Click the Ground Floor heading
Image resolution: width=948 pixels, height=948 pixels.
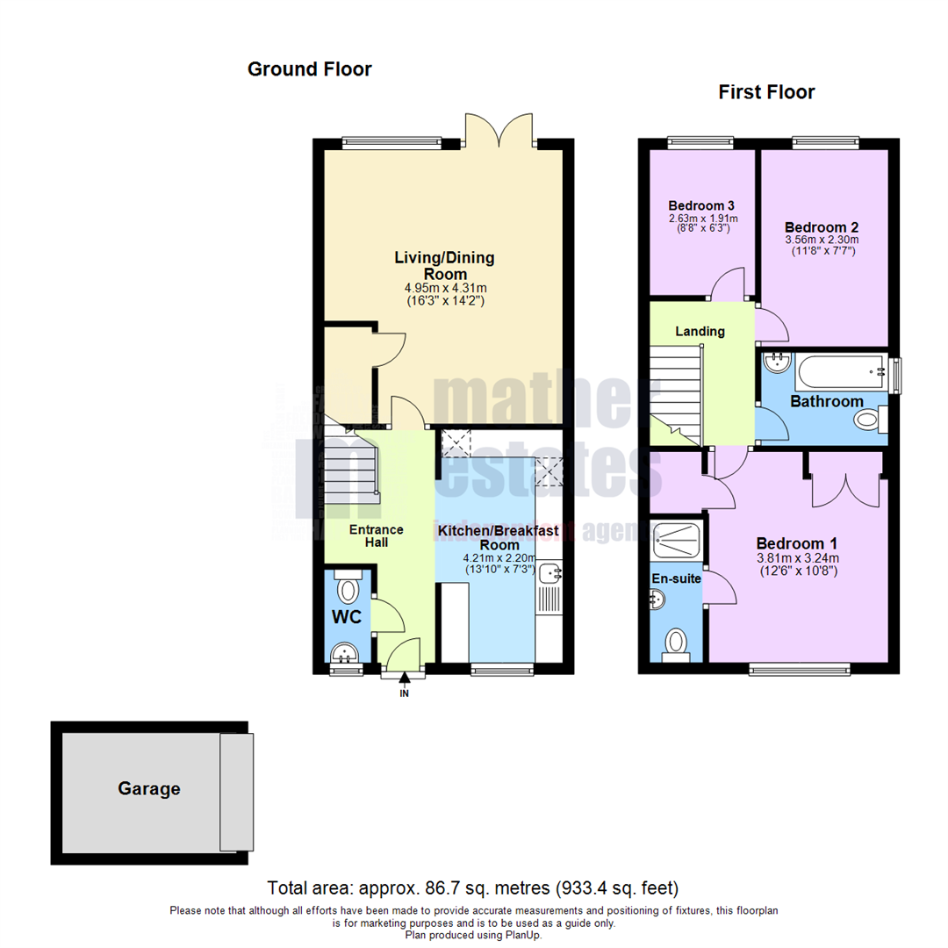pos(309,69)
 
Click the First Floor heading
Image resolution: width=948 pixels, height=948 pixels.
pos(766,92)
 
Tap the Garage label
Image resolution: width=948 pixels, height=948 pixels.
pos(149,789)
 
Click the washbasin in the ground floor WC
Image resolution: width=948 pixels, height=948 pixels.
pos(344,653)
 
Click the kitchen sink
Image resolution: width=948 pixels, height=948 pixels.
pos(550,575)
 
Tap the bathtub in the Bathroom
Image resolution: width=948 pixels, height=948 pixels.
pos(840,372)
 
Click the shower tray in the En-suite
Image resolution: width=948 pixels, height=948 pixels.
pos(678,541)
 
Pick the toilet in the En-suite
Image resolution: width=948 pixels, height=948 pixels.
pos(677,641)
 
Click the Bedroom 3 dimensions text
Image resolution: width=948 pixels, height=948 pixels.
pos(703,224)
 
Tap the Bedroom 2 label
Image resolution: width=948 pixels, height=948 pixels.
pos(821,225)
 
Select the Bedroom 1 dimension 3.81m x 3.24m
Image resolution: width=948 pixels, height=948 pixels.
pos(798,557)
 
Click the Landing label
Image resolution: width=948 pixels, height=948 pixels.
pos(700,332)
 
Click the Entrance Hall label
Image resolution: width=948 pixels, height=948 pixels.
pos(377,535)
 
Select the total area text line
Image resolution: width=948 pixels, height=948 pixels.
pos(473,888)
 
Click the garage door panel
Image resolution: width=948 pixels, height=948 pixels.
pos(235,792)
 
